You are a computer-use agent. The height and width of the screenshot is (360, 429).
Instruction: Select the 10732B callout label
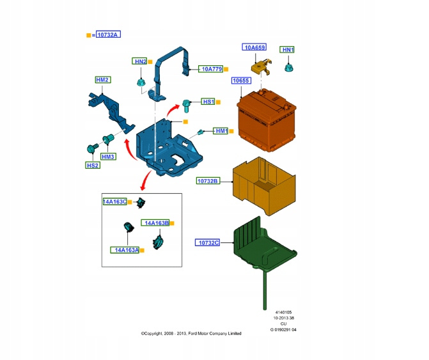(x=208, y=181)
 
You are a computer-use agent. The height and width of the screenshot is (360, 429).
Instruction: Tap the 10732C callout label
(x=208, y=242)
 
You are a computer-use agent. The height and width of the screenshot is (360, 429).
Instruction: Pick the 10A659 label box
(x=254, y=47)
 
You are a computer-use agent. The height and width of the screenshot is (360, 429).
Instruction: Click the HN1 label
(x=288, y=50)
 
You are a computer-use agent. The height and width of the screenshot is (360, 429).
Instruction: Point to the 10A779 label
(x=210, y=68)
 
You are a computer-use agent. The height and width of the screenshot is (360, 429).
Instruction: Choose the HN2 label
(x=139, y=61)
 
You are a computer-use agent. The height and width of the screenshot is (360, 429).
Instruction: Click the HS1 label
(x=208, y=102)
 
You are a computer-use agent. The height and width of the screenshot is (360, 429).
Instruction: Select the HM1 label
(x=221, y=131)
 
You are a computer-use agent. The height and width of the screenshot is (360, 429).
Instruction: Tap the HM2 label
(x=102, y=80)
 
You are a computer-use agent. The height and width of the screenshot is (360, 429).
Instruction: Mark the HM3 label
(x=107, y=157)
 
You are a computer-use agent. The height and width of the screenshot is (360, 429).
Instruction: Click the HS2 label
(x=93, y=165)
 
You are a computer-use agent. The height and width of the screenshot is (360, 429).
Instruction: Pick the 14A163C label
(x=114, y=201)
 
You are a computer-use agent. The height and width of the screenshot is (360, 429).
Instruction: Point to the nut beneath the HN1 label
(x=288, y=65)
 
